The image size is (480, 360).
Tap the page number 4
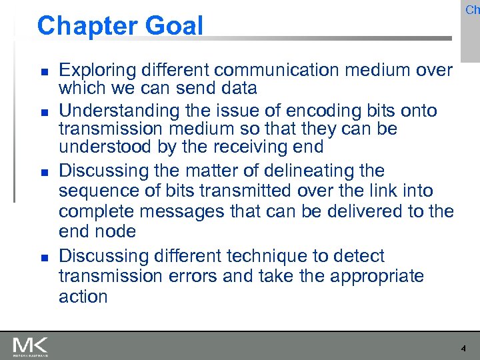(463, 348)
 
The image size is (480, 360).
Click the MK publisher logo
(30, 347)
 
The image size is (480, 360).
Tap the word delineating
(324, 171)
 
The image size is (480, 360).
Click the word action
(83, 297)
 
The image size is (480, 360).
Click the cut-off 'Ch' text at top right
(472, 9)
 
